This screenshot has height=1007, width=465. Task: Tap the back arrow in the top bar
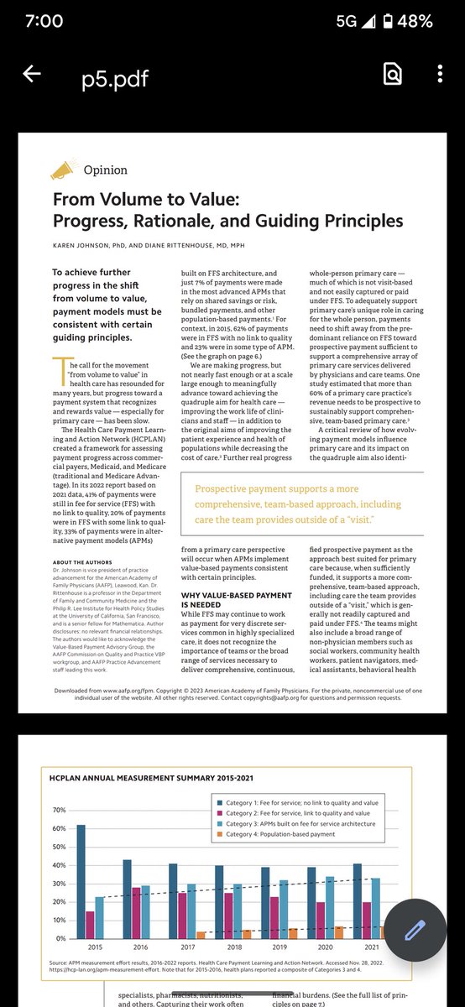[32, 75]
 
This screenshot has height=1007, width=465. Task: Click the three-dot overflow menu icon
[440, 75]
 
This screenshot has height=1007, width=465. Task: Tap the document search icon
[392, 75]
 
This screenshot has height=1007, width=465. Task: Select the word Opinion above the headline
[105, 170]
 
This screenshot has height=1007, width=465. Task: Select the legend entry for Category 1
[294, 803]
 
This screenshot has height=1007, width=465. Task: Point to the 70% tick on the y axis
[60, 810]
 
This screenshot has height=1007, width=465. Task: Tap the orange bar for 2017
[201, 934]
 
